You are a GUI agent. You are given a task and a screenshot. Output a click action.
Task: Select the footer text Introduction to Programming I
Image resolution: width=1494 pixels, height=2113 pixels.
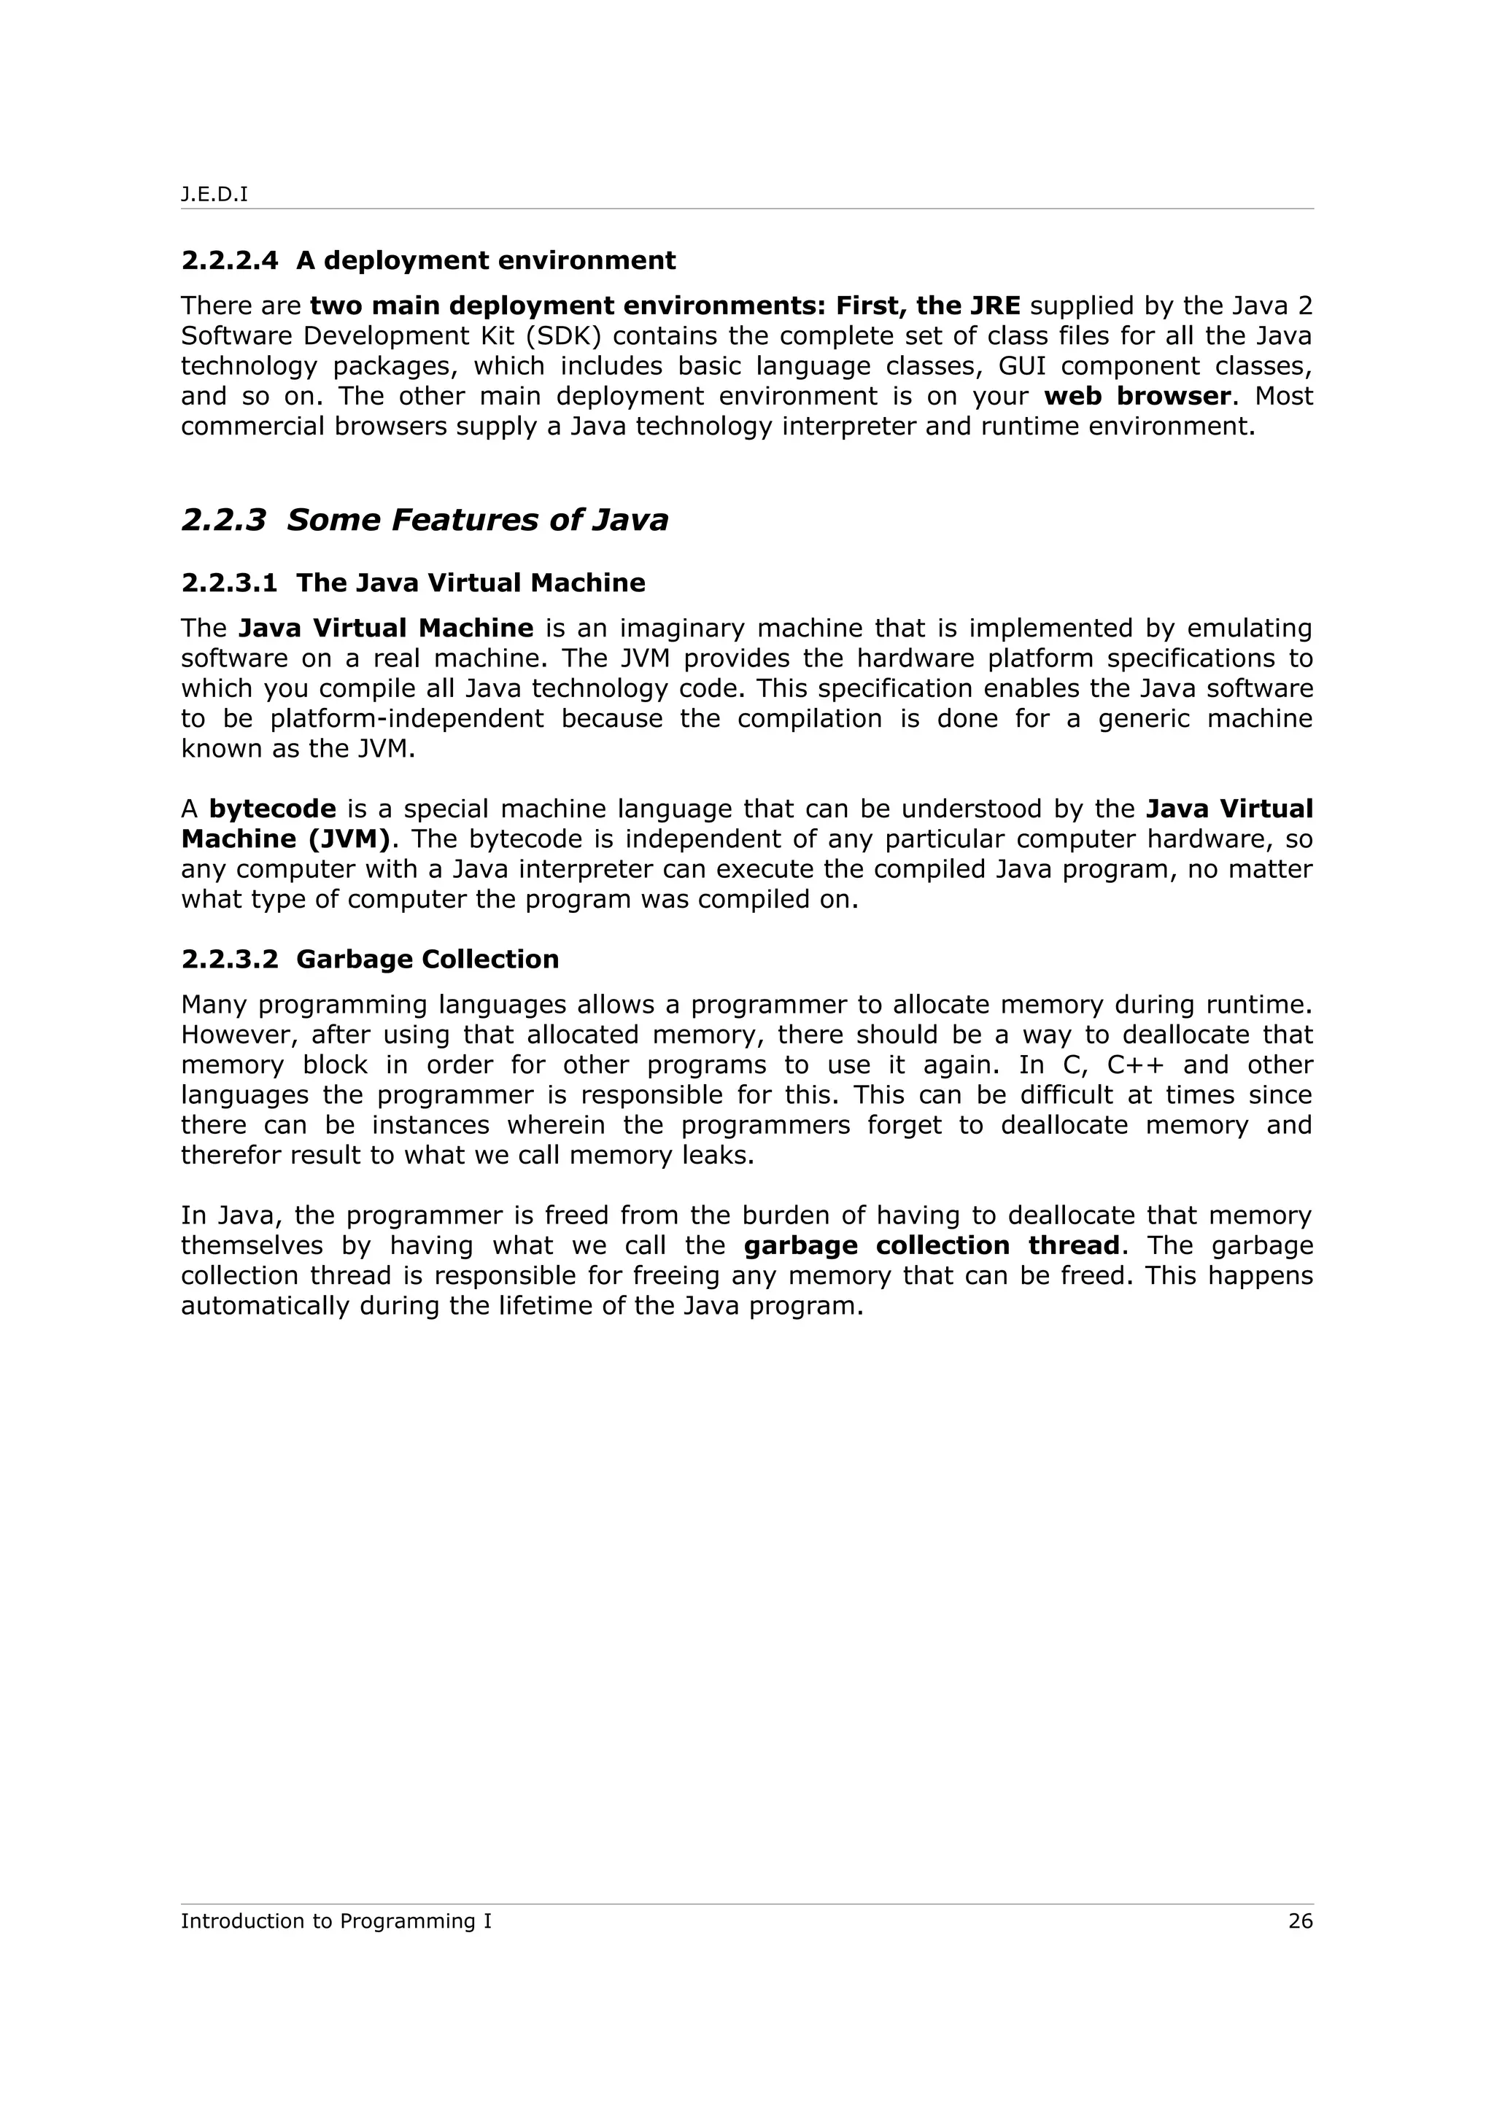[336, 1921]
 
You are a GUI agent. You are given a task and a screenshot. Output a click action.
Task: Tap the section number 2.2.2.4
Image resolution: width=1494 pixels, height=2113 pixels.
[229, 260]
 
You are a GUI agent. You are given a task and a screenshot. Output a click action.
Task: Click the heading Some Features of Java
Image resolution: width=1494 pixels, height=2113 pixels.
[477, 520]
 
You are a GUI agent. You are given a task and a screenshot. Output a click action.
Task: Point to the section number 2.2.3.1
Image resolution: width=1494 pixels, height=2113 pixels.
[229, 583]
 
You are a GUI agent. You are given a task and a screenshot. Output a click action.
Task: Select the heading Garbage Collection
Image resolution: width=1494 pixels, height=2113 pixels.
[427, 959]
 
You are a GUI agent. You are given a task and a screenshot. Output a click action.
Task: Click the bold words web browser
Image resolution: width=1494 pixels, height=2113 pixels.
[1137, 396]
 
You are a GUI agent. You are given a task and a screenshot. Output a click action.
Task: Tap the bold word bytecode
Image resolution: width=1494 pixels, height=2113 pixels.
[273, 809]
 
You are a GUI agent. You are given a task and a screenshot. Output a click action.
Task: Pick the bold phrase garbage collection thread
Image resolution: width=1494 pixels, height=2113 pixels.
[932, 1245]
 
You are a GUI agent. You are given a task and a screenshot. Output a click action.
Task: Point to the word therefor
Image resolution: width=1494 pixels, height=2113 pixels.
[231, 1155]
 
